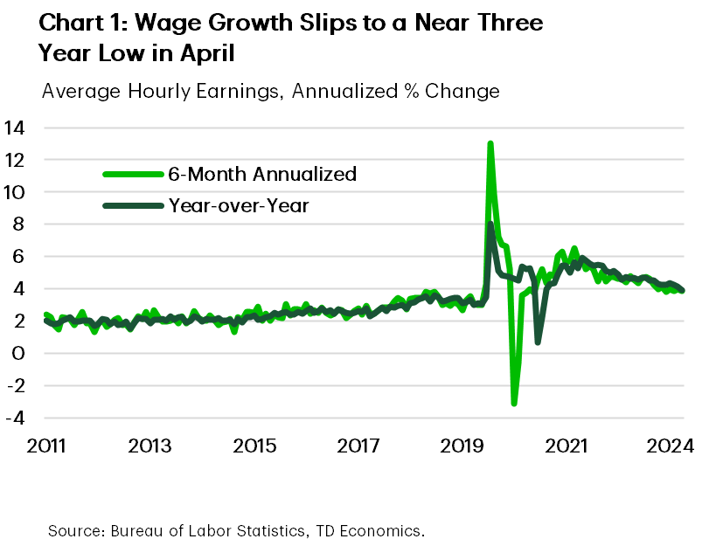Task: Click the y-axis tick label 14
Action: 15,128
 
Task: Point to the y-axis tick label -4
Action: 15,418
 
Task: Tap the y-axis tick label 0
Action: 19,353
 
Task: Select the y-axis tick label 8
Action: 19,225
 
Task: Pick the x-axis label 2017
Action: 357,446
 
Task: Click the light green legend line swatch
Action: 132,174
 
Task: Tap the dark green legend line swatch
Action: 132,206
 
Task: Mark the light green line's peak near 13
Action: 490,144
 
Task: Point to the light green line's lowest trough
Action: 514,403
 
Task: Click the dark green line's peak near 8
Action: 490,225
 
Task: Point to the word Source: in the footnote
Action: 75,529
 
